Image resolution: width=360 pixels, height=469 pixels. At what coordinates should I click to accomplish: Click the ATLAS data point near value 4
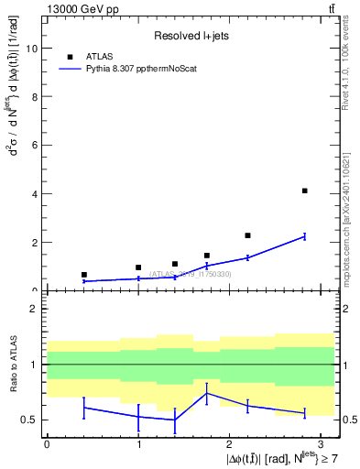tap(304, 191)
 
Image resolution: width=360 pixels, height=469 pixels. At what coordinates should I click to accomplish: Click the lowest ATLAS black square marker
tap(84, 275)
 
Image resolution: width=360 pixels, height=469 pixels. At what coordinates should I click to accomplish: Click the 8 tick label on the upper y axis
tap(35, 97)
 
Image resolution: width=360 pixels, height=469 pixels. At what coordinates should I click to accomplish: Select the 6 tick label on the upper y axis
tap(35, 146)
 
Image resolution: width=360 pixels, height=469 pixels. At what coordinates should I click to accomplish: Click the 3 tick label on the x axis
tap(320, 444)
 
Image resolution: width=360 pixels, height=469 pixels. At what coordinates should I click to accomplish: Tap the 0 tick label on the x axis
tap(47, 444)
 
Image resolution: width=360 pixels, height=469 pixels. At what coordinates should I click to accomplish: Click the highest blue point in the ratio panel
tap(207, 393)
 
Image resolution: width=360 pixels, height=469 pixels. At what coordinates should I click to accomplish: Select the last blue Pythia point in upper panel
tap(304, 236)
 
